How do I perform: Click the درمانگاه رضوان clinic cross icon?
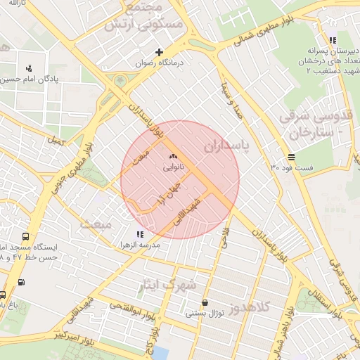click(x=160, y=51)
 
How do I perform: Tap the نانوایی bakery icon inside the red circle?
click(x=173, y=156)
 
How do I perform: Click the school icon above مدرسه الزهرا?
click(x=140, y=233)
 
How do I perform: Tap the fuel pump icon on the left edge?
click(x=20, y=283)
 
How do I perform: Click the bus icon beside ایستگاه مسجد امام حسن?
click(x=26, y=238)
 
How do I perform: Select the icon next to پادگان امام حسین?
click(x=29, y=68)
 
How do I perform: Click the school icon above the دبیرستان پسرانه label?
click(x=332, y=40)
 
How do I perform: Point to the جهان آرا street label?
click(x=169, y=190)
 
